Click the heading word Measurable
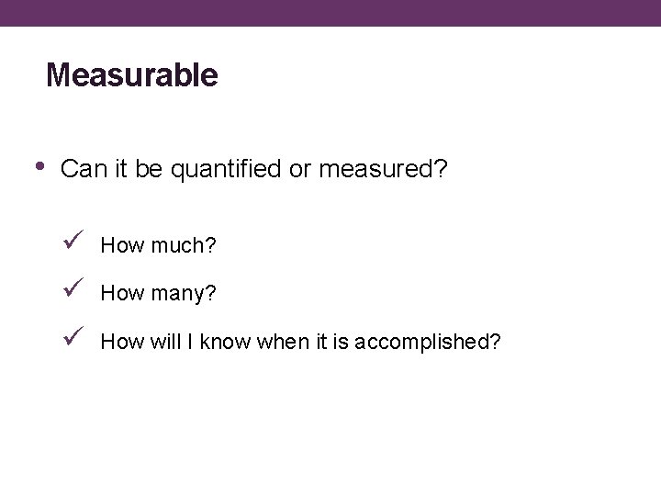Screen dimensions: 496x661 coord(132,75)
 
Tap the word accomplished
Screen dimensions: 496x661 coord(427,343)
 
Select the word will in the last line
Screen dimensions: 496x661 coord(163,343)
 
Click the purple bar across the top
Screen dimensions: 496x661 coord(330,13)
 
